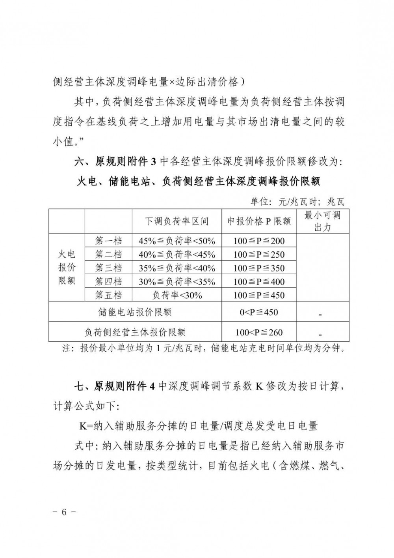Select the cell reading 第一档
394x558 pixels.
click(108, 241)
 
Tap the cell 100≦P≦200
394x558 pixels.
click(259, 241)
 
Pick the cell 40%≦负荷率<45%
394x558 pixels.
click(177, 255)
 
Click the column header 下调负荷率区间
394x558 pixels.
click(177, 221)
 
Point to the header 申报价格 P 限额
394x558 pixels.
click(259, 221)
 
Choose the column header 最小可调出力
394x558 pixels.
click(322, 221)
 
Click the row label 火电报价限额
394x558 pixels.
click(67, 268)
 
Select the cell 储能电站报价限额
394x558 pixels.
click(135, 313)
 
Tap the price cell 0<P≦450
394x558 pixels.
click(259, 313)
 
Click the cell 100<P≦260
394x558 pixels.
click(259, 332)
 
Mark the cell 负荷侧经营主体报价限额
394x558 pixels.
click(135, 332)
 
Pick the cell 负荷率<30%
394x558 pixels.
click(177, 295)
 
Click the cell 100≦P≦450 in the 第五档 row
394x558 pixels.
click(259, 295)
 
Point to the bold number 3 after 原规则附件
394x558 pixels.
click(154, 162)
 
